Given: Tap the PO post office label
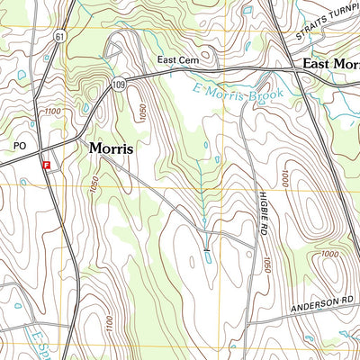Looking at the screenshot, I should [x=20, y=144].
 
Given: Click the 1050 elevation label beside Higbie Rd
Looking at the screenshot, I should [x=266, y=266].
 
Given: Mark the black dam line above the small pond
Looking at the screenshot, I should [x=207, y=247].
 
